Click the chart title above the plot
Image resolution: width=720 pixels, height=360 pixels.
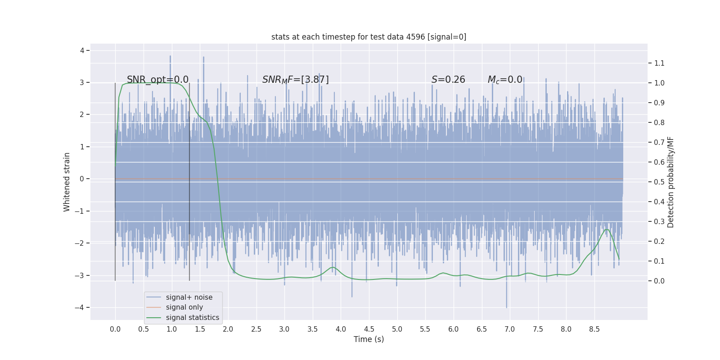click(369, 37)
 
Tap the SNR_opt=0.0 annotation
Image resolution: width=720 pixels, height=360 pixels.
click(157, 80)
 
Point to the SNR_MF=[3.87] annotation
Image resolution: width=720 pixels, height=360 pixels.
click(295, 80)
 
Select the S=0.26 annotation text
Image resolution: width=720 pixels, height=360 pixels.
click(448, 80)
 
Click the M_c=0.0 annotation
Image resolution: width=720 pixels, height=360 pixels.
click(505, 80)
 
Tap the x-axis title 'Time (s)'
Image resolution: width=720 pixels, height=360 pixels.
click(369, 339)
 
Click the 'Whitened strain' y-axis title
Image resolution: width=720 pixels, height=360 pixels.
click(67, 182)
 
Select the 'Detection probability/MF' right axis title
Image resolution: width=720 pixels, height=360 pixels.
click(670, 182)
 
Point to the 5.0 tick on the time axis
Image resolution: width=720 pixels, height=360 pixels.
click(397, 329)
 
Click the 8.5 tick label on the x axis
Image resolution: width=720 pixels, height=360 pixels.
click(594, 329)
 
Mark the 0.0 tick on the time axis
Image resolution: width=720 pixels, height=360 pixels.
click(115, 329)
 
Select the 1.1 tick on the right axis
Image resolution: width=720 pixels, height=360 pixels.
click(659, 63)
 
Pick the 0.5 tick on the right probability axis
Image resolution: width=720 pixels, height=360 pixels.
click(659, 182)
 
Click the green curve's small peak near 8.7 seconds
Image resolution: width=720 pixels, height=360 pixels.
click(607, 229)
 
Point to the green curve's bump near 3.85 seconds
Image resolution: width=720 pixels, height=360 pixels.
click(333, 267)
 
